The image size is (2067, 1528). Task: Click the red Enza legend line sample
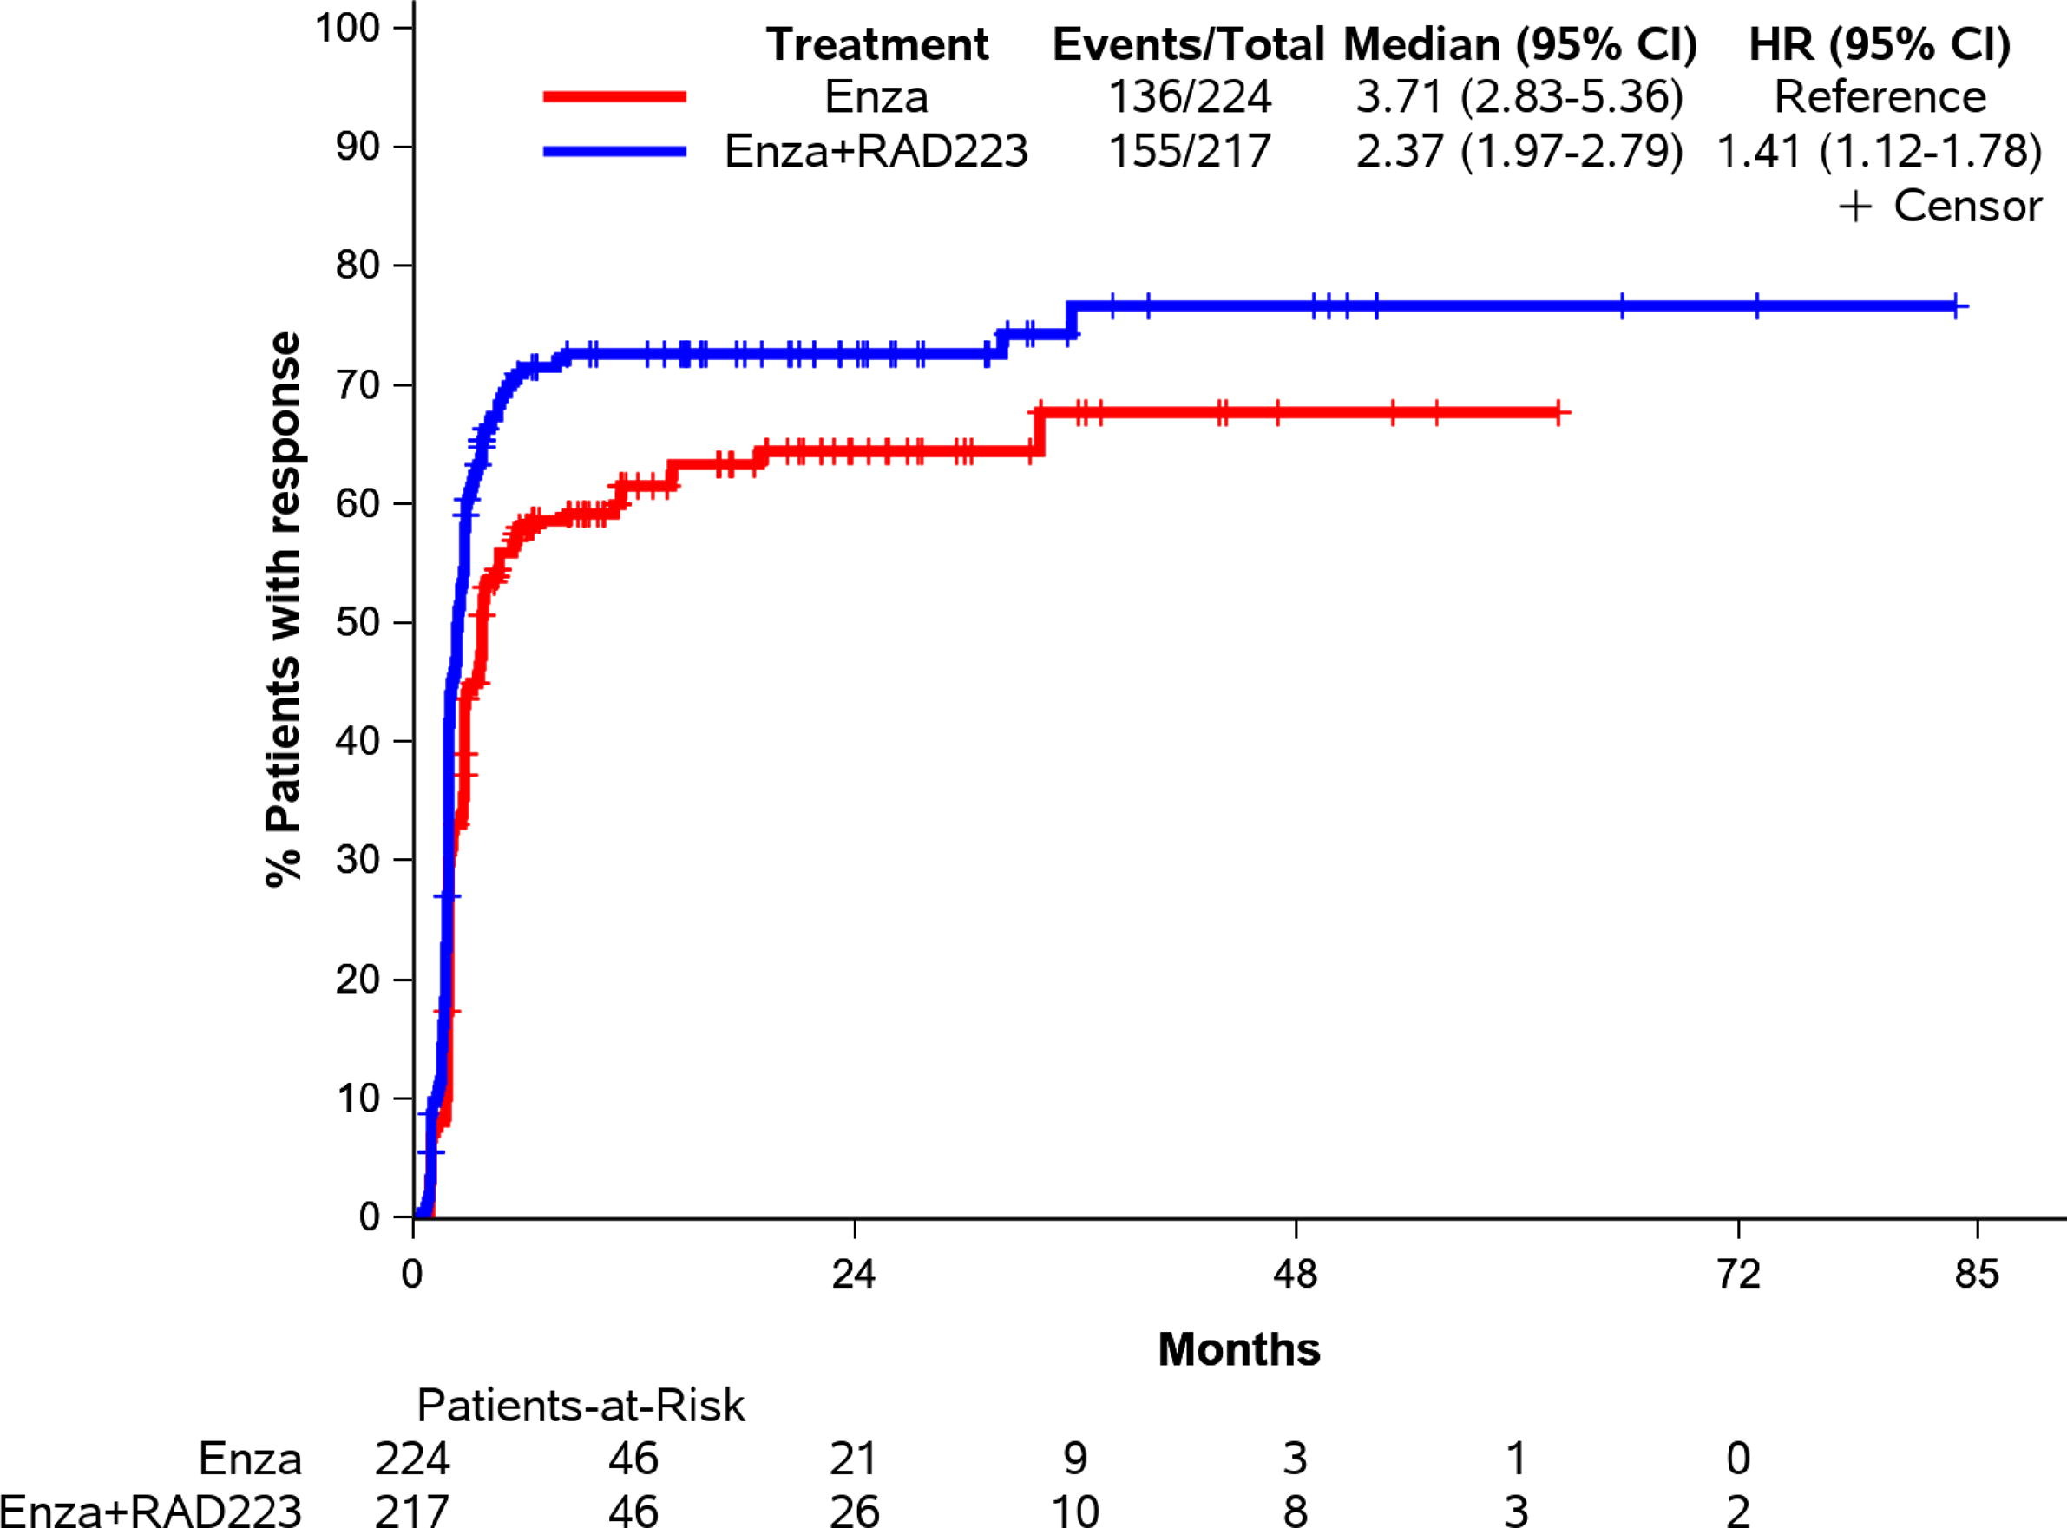[x=615, y=96]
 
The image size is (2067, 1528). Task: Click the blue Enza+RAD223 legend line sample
[x=615, y=152]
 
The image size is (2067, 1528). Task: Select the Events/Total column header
[x=1189, y=44]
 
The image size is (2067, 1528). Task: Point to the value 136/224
[x=1191, y=97]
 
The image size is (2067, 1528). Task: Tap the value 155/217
[x=1191, y=152]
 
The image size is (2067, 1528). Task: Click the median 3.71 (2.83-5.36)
[x=1519, y=97]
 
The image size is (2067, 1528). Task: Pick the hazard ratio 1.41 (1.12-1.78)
[x=1880, y=152]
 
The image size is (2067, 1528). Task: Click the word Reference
[x=1880, y=97]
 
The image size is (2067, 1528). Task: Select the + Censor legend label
[x=1939, y=206]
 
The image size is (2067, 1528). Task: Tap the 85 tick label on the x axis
[x=1978, y=1276]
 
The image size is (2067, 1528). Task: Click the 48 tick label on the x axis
[x=1296, y=1276]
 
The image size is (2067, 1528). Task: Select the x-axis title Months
[x=1238, y=1349]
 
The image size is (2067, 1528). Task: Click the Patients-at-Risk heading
[x=581, y=1406]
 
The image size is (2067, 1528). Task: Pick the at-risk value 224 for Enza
[x=412, y=1459]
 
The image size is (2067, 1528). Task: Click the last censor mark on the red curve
[x=1558, y=412]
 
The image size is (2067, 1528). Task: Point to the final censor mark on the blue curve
[x=1955, y=306]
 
